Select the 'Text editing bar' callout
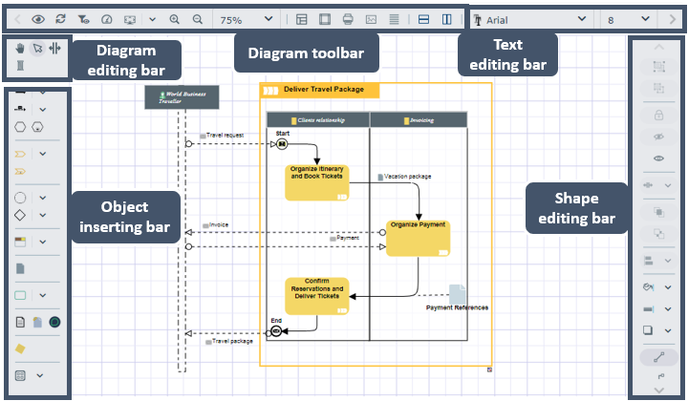coord(507,54)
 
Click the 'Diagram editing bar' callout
coord(120,58)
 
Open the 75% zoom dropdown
coord(243,19)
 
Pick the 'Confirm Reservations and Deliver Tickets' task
coord(316,294)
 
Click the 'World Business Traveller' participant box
coord(182,96)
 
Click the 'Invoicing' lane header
coord(419,120)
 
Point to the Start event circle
coord(282,144)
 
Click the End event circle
coord(276,330)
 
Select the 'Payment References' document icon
coord(458,294)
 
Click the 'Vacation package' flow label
coord(407,177)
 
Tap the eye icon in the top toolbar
coord(38,19)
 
